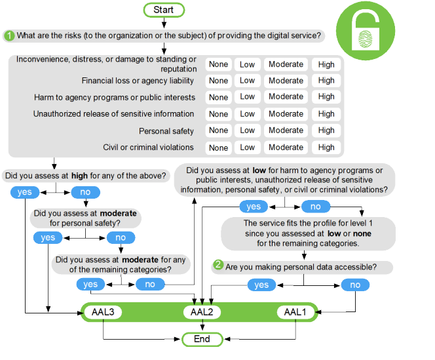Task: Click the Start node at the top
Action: point(164,10)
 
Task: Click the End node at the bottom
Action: point(202,339)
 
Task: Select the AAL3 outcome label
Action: point(102,312)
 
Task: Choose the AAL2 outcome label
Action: point(202,312)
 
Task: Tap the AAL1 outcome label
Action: point(295,312)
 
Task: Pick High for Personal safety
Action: point(326,130)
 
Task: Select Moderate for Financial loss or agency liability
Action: point(286,81)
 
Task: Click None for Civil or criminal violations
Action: point(218,148)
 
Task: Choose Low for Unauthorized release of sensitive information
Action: point(247,114)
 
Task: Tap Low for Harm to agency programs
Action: point(247,97)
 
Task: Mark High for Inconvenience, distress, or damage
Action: point(326,64)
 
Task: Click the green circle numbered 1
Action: point(10,35)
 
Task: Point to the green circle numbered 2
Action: point(218,266)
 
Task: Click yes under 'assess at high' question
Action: point(25,192)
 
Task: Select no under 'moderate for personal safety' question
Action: point(121,237)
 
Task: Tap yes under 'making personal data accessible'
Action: point(261,285)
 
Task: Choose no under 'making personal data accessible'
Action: point(355,285)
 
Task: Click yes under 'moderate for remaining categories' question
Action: point(90,284)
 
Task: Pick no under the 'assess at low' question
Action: point(316,207)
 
